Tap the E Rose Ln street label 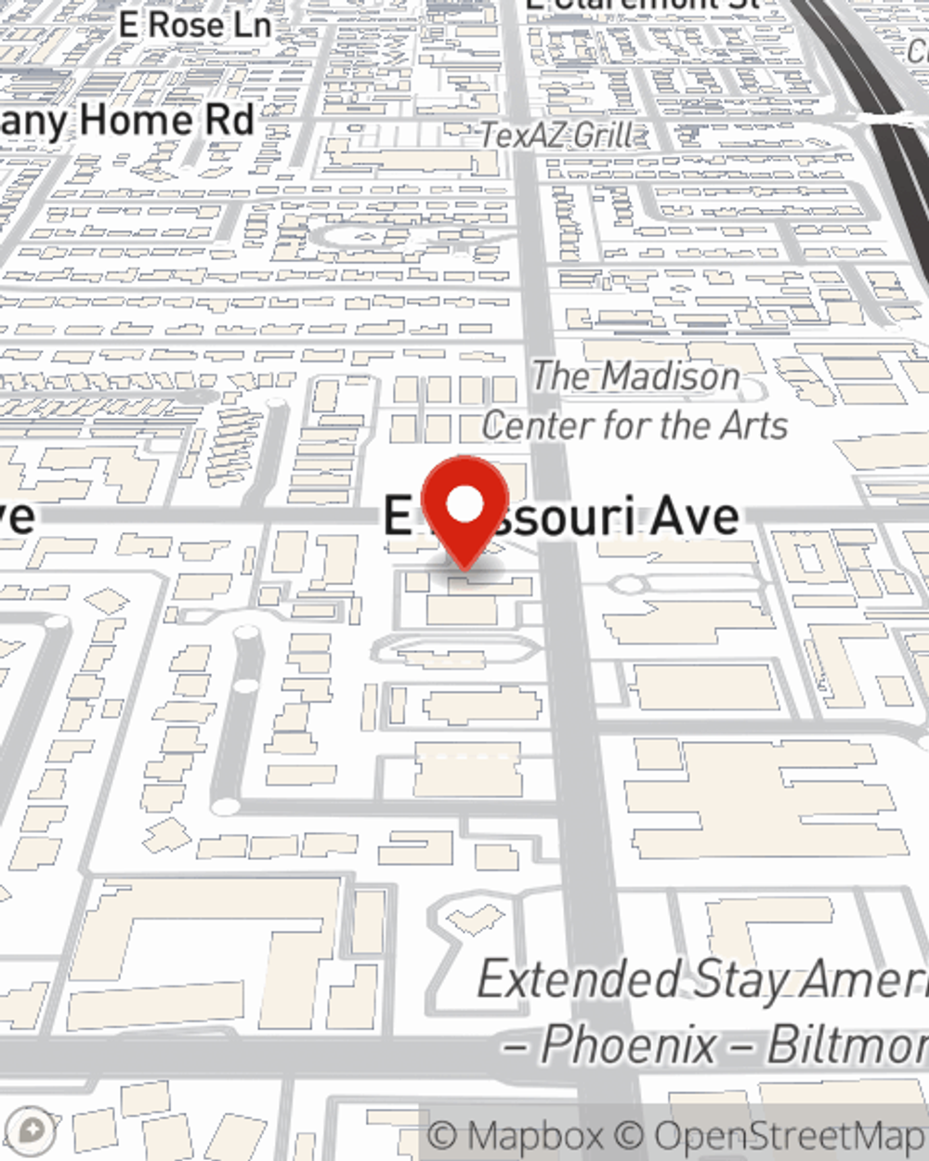pyautogui.click(x=195, y=25)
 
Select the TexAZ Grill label pyautogui.click(x=556, y=136)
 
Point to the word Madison pyautogui.click(x=671, y=376)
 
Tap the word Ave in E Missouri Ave pyautogui.click(x=696, y=517)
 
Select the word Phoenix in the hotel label pyautogui.click(x=628, y=1044)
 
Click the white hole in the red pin pyautogui.click(x=465, y=504)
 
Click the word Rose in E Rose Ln pyautogui.click(x=186, y=25)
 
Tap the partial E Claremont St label pyautogui.click(x=641, y=5)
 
